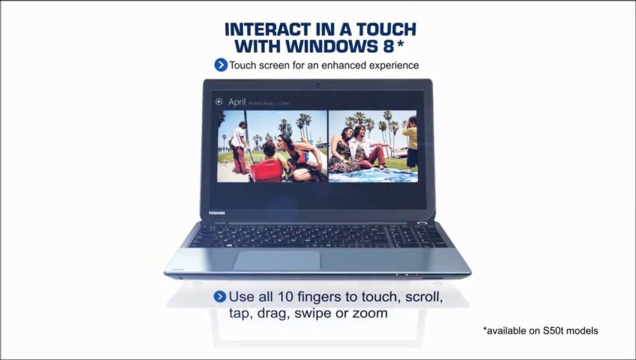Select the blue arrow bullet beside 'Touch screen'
tap(220, 65)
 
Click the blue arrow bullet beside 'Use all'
tap(220, 296)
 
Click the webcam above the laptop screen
tap(317, 85)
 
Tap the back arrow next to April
tap(218, 102)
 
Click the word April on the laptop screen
tap(237, 102)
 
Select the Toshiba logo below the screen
tap(216, 213)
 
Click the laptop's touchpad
tap(276, 260)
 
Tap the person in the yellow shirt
tap(410, 141)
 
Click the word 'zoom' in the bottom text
tap(370, 313)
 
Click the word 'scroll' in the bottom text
tap(424, 296)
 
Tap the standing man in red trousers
tap(239, 147)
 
